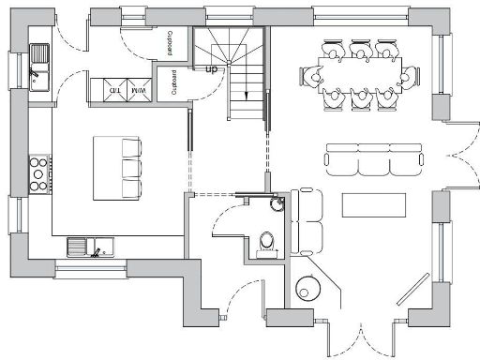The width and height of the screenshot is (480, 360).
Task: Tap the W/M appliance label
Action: pyautogui.click(x=140, y=90)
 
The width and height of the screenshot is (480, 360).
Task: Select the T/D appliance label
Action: pyautogui.click(x=115, y=90)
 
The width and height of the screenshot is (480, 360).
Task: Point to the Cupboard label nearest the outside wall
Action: pyautogui.click(x=169, y=41)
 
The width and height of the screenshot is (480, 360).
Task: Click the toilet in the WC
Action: pyautogui.click(x=267, y=243)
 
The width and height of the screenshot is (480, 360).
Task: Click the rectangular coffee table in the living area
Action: pyautogui.click(x=372, y=205)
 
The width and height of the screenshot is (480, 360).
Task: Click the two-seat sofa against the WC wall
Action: pyautogui.click(x=304, y=222)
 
